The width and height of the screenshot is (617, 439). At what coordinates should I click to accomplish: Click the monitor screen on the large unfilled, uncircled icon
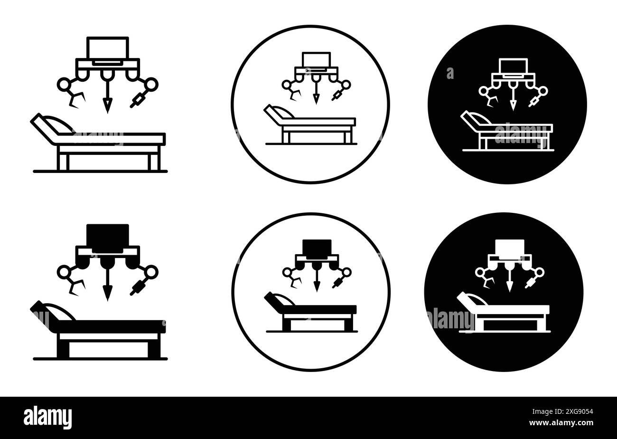pyautogui.click(x=108, y=48)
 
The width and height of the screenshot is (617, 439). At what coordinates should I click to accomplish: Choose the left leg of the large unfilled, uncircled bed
pyautogui.click(x=64, y=162)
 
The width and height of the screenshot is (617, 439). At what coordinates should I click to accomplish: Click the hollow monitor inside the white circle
pyautogui.click(x=316, y=60)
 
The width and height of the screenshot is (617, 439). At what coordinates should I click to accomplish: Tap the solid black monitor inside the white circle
pyautogui.click(x=317, y=247)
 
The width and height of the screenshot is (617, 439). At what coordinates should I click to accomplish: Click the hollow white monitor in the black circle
pyautogui.click(x=513, y=66)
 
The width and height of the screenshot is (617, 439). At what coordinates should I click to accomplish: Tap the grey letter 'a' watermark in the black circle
pyautogui.click(x=450, y=74)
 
